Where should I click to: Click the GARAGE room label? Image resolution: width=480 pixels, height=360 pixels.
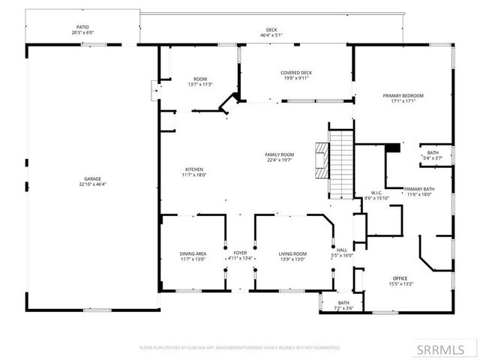click(94, 179)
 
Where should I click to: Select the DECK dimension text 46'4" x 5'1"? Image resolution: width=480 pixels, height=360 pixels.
click(271, 34)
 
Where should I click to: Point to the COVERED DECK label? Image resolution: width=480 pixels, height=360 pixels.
click(296, 73)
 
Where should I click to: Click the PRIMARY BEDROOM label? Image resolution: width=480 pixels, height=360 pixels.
click(403, 96)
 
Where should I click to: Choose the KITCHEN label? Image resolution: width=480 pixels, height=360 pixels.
click(193, 169)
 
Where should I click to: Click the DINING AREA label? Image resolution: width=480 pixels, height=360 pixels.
click(193, 254)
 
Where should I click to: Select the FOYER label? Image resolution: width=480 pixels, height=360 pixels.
click(240, 254)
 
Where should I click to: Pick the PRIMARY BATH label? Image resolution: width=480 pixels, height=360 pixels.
click(419, 189)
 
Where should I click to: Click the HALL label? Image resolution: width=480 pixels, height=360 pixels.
click(342, 250)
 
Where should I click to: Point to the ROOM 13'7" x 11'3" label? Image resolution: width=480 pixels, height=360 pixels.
click(200, 79)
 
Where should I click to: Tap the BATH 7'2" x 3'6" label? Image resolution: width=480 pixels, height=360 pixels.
click(343, 303)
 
